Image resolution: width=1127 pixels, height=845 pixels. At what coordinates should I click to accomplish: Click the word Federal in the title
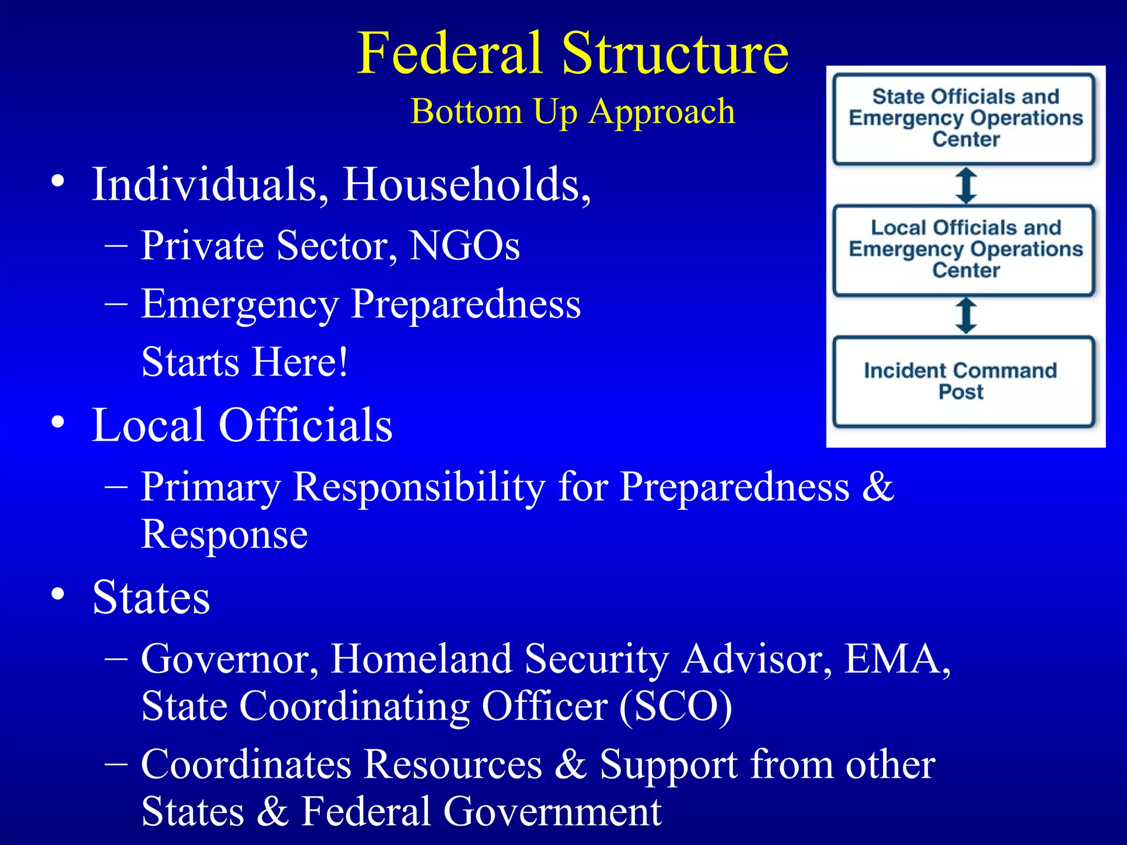[450, 53]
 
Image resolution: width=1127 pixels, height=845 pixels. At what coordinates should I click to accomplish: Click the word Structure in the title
[675, 53]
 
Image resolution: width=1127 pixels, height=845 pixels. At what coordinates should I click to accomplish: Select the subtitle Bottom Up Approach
[572, 112]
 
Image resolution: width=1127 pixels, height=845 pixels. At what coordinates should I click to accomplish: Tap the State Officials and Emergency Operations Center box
[965, 118]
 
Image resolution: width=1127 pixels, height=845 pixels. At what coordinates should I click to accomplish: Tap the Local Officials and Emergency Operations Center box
[965, 250]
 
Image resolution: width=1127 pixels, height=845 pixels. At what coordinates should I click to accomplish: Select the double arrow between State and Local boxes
[966, 185]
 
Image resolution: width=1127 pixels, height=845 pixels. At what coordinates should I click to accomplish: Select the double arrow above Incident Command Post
[966, 316]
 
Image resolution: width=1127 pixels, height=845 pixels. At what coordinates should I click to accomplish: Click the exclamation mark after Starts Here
[343, 362]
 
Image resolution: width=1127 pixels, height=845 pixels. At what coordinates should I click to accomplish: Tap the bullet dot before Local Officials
[58, 422]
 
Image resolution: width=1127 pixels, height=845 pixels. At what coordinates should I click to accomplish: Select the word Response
[224, 534]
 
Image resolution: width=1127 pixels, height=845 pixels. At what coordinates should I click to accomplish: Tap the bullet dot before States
[58, 595]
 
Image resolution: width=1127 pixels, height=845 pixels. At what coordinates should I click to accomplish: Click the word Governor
[229, 659]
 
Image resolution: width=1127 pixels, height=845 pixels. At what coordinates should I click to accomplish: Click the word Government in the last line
[552, 812]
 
